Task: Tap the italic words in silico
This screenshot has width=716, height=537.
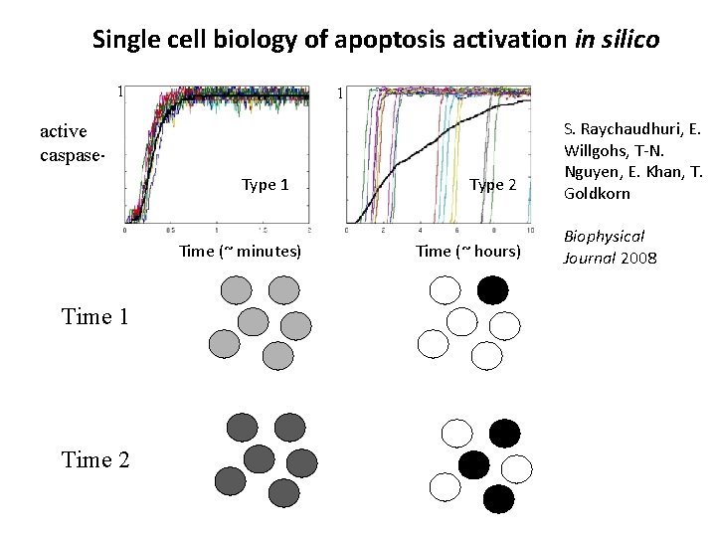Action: point(619,41)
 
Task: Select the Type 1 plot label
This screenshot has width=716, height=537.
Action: point(266,184)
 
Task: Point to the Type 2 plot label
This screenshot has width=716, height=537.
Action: point(493,184)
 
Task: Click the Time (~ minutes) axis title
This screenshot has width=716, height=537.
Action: point(240,251)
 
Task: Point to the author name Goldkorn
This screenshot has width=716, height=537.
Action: point(597,193)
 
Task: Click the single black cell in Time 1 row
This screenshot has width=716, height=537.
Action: point(492,288)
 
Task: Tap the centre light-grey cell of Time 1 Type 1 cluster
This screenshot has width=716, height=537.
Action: point(255,321)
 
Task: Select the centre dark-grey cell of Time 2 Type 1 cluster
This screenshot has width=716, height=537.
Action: point(259,458)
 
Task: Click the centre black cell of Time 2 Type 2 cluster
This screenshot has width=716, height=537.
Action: point(473,462)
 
